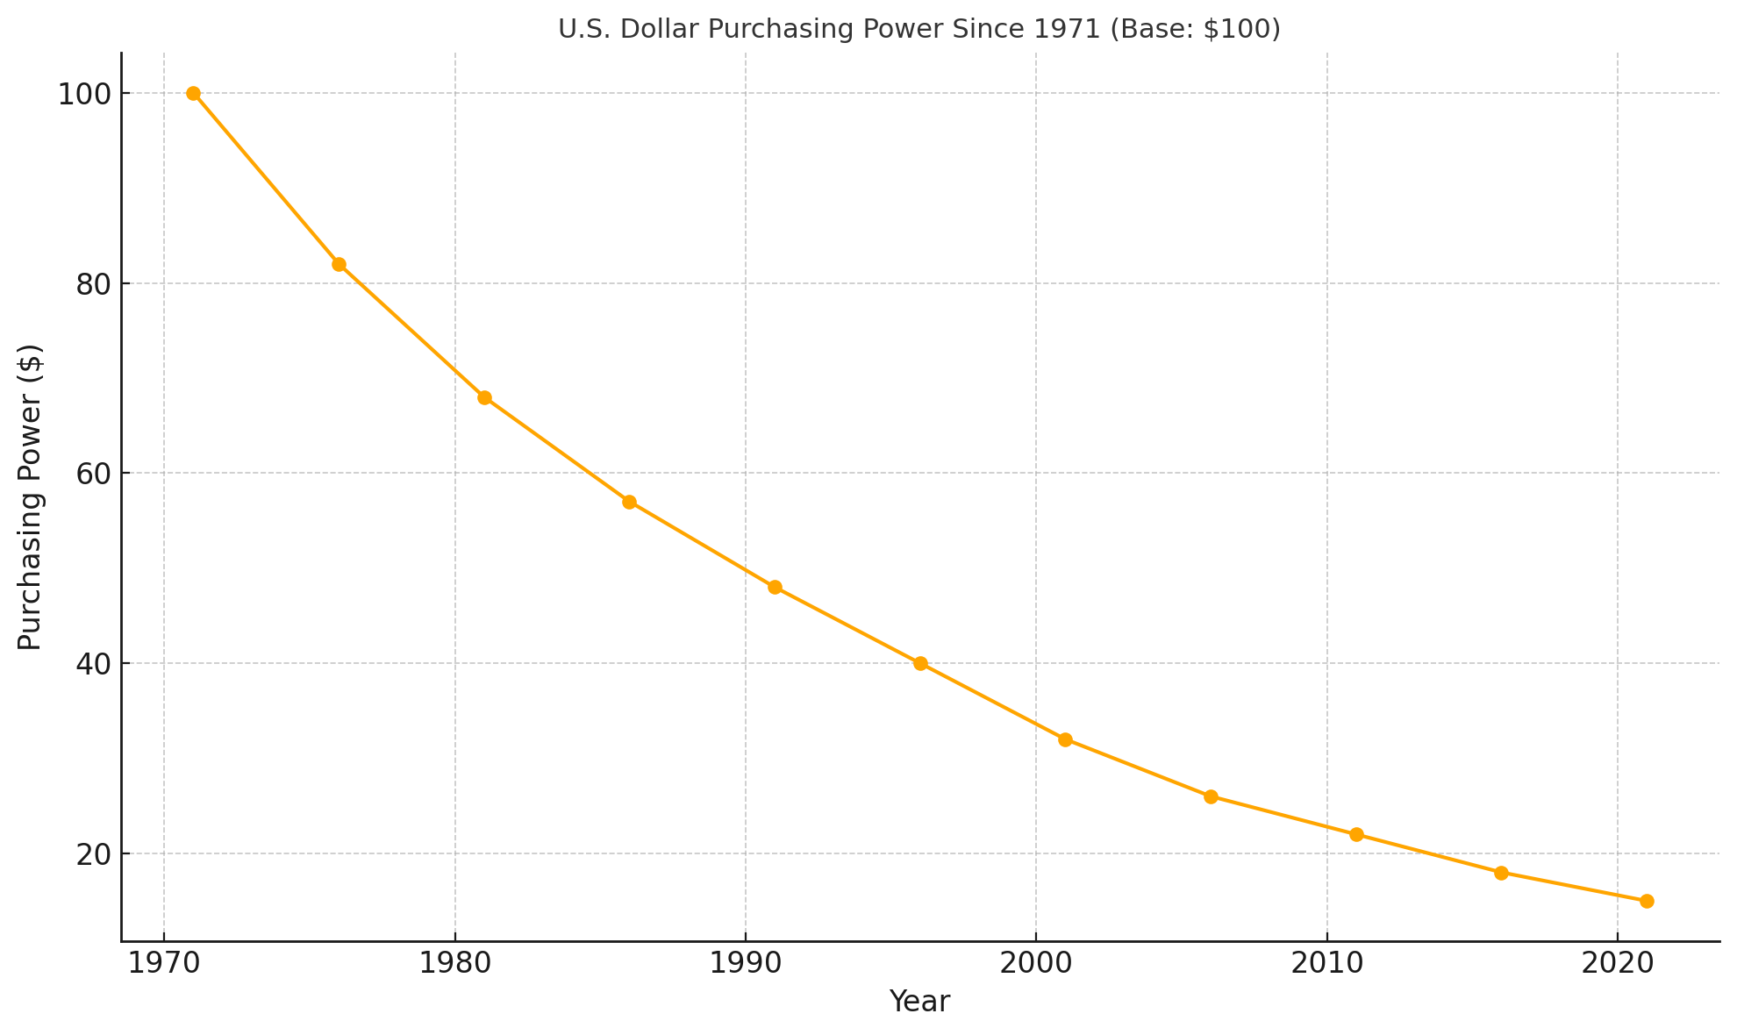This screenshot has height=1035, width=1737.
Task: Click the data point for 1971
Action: (x=193, y=94)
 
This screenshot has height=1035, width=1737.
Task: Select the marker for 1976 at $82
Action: (x=339, y=264)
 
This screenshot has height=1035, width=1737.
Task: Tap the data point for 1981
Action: (x=484, y=397)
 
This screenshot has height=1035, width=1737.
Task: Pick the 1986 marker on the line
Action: (x=629, y=502)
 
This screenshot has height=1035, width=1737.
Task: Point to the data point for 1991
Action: (x=775, y=587)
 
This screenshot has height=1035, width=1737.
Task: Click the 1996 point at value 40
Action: (x=920, y=663)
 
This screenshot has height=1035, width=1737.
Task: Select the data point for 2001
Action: (x=1065, y=739)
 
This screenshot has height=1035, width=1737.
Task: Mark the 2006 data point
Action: (x=1211, y=796)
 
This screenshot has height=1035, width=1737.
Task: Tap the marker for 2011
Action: (x=1356, y=834)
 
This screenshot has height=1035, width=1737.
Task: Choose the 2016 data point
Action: (x=1501, y=873)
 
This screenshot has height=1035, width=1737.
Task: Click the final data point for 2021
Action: (x=1647, y=901)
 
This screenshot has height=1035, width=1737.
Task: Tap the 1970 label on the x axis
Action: (x=164, y=963)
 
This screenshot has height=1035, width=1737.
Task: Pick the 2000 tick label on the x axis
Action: (x=1036, y=963)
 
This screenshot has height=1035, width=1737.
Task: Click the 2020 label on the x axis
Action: (x=1617, y=963)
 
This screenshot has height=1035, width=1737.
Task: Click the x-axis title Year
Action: (x=919, y=1002)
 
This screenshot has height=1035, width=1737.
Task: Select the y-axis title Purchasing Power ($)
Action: (x=30, y=496)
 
